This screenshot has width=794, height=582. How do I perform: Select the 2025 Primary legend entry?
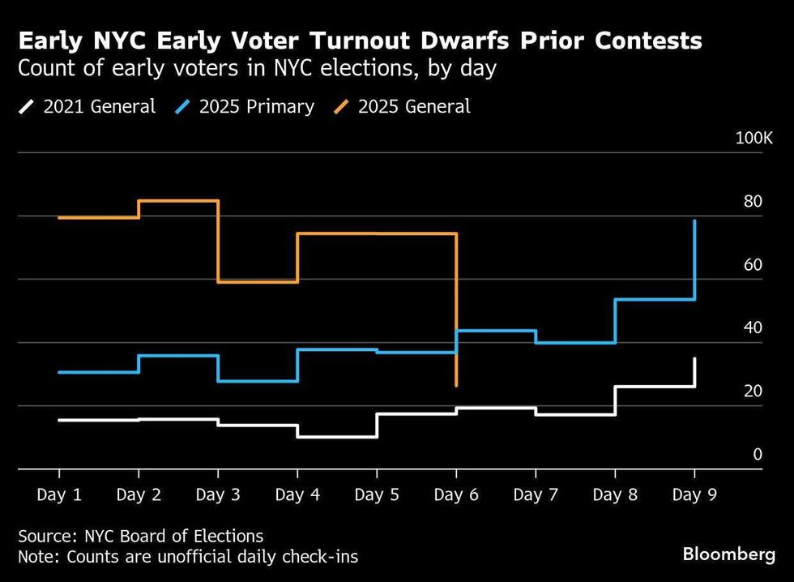(x=245, y=106)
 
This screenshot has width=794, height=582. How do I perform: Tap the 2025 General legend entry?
(x=403, y=106)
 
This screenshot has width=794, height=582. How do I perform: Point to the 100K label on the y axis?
(x=753, y=139)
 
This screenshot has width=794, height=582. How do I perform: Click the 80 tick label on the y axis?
(x=753, y=202)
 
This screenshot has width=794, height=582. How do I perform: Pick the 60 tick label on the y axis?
(x=753, y=265)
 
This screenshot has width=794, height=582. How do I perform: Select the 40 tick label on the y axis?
(x=753, y=328)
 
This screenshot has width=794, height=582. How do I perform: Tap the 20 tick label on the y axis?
(x=753, y=392)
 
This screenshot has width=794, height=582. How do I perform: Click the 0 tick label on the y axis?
(x=758, y=455)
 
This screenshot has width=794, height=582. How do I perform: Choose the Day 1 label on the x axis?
(x=59, y=494)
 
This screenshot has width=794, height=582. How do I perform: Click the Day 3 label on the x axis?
(x=218, y=494)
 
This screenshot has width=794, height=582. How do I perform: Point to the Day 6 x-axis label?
(x=456, y=494)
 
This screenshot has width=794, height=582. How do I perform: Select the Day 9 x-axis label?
(x=694, y=494)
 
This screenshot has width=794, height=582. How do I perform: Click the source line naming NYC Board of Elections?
(x=141, y=536)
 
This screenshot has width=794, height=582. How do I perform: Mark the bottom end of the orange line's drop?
(x=457, y=385)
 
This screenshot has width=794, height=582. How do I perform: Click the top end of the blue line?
(x=694, y=220)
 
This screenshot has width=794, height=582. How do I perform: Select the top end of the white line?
(x=694, y=358)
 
